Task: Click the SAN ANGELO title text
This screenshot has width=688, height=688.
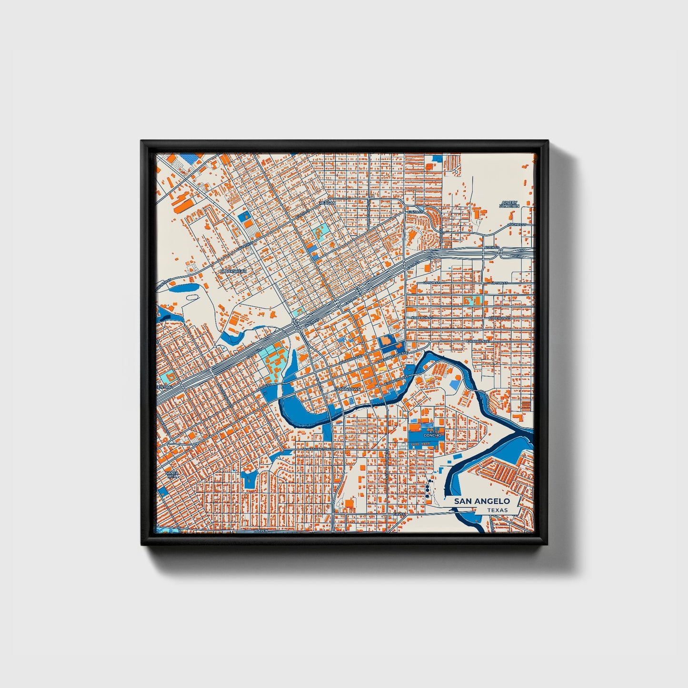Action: pyautogui.click(x=481, y=501)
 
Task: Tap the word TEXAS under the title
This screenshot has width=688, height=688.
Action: pyautogui.click(x=497, y=510)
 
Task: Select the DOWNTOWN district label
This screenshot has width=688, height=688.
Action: pyautogui.click(x=348, y=389)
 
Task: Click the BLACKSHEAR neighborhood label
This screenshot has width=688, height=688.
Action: pyautogui.click(x=233, y=271)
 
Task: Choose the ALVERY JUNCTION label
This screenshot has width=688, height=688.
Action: pyautogui.click(x=509, y=204)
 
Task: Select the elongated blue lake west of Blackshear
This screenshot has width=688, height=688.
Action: pyautogui.click(x=181, y=288)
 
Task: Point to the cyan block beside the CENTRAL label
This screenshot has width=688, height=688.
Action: pyautogui.click(x=168, y=375)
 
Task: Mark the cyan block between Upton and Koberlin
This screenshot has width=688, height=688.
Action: pyautogui.click(x=473, y=300)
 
